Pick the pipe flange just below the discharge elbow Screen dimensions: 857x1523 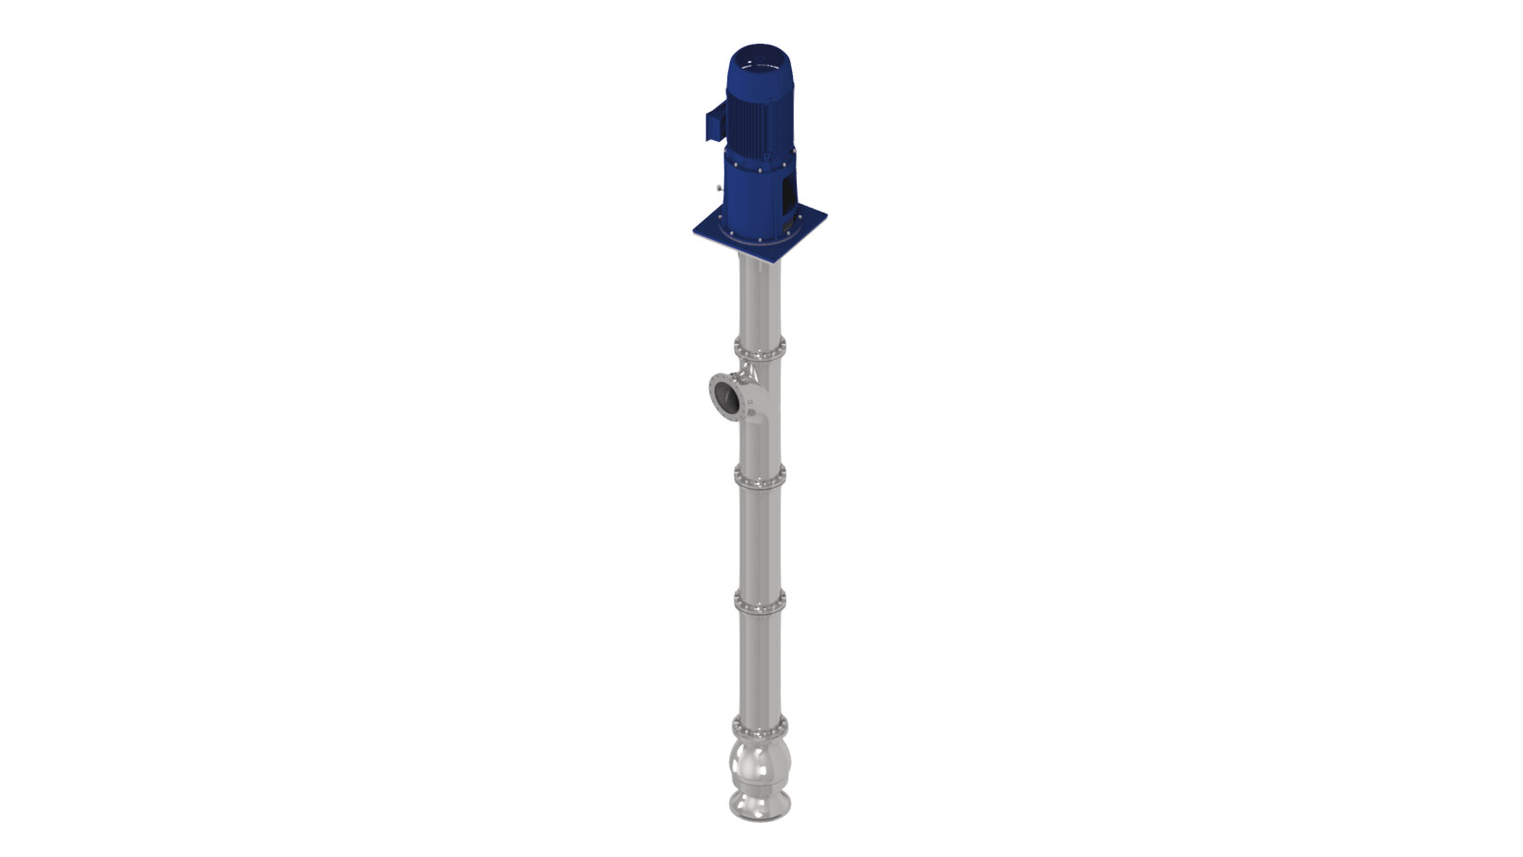pyautogui.click(x=760, y=476)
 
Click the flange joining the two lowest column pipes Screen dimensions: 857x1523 pyautogui.click(x=760, y=602)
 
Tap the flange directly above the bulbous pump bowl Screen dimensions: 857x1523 pyautogui.click(x=760, y=728)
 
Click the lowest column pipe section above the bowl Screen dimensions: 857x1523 pyautogui.click(x=760, y=667)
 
